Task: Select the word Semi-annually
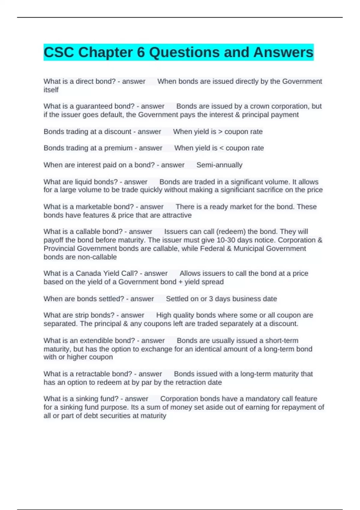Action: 219,165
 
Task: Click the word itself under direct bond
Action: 51,90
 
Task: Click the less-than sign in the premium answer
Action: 222,148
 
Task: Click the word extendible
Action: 93,341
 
